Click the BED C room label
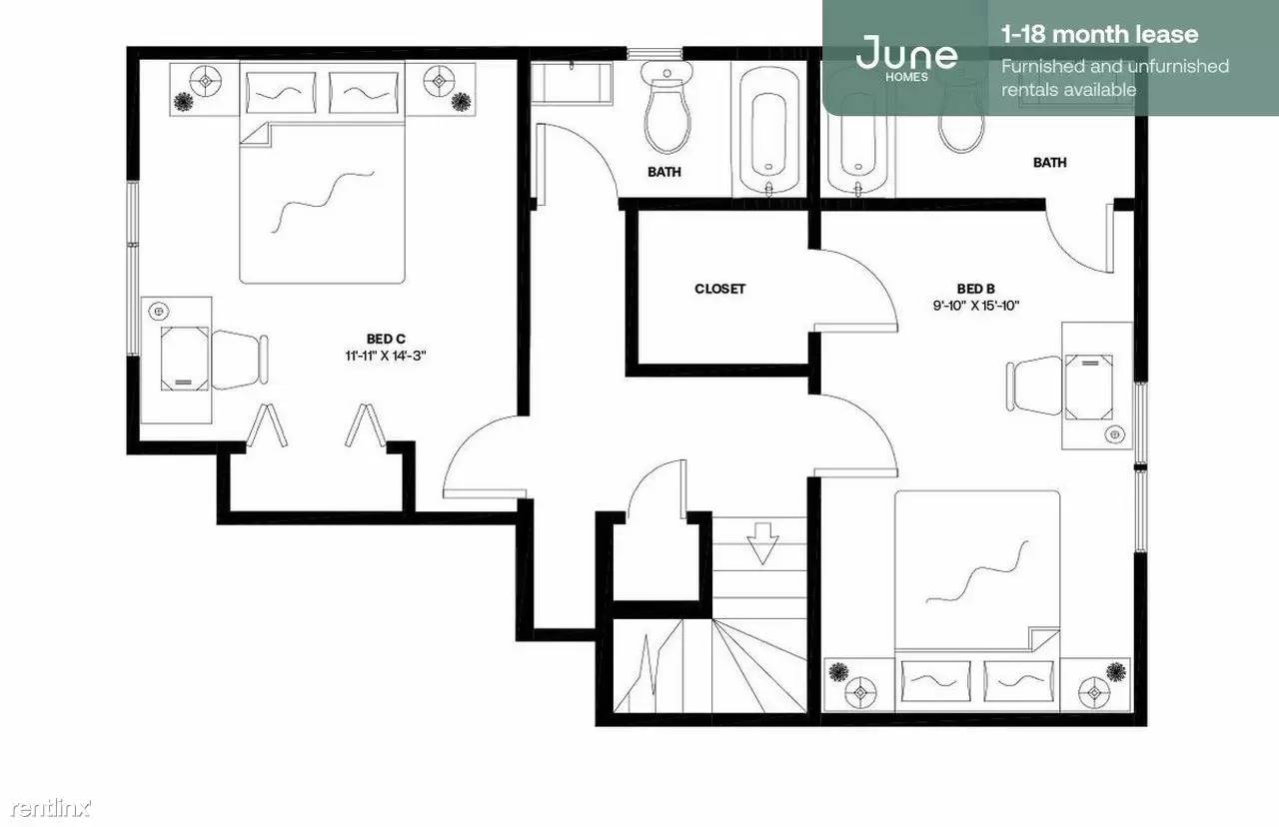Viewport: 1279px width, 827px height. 386,340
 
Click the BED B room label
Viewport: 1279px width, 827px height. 976,289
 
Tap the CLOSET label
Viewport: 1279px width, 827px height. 719,289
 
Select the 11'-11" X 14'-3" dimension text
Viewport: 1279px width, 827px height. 386,357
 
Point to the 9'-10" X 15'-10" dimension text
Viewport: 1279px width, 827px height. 976,306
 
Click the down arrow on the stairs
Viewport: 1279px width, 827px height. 762,543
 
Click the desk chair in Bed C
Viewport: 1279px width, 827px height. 240,360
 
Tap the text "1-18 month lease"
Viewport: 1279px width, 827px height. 1100,35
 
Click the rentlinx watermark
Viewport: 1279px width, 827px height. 50,808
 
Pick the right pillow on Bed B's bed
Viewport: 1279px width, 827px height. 1018,681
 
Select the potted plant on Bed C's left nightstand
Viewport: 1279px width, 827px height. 184,103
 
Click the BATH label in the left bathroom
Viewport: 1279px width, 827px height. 664,172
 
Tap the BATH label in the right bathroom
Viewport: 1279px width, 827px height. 1049,163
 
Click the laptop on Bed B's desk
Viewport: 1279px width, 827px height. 1089,387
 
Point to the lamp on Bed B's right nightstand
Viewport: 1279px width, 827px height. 1094,693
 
